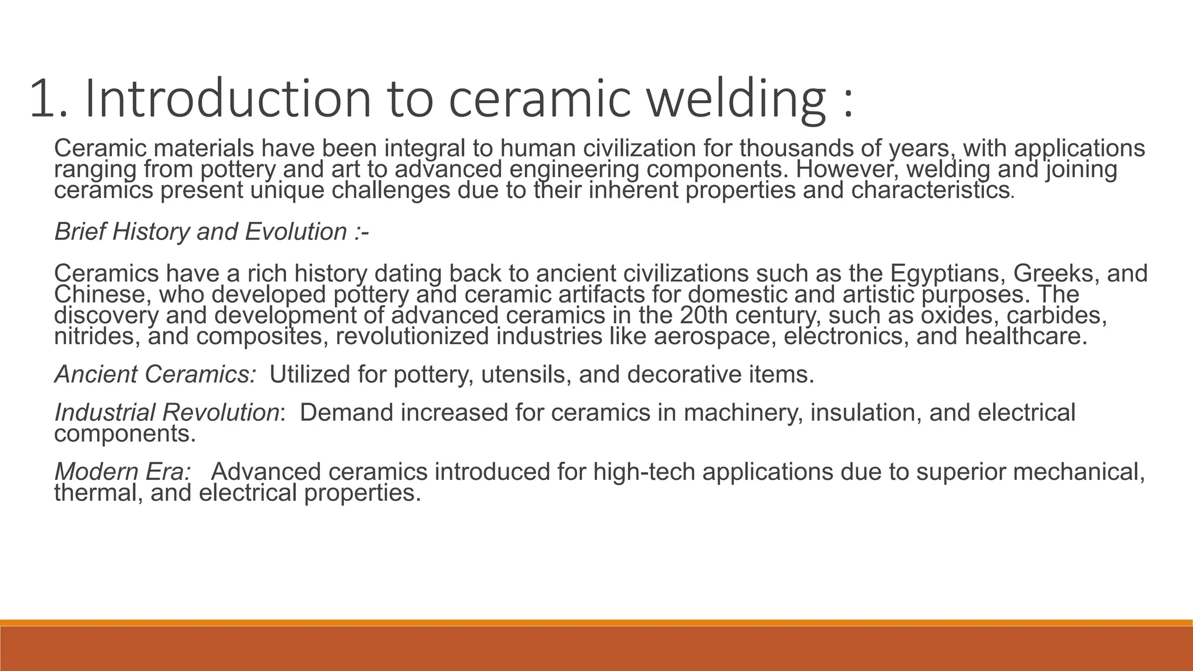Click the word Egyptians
[x=947, y=273]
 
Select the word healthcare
[x=1026, y=337]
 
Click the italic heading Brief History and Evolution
[x=211, y=232]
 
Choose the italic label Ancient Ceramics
[x=156, y=375]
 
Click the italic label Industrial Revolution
[x=167, y=412]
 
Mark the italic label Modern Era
[x=123, y=472]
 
